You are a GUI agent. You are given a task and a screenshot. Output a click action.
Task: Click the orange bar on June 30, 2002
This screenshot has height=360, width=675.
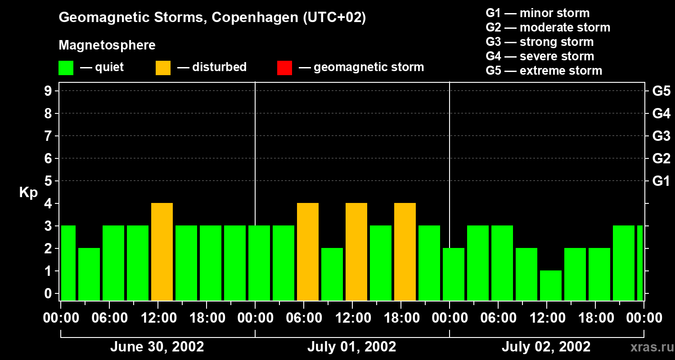click(162, 252)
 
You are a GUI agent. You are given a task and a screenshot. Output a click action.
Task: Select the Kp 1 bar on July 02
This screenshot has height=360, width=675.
click(551, 285)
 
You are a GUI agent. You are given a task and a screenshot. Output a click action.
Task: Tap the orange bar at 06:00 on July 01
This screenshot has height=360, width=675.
click(308, 252)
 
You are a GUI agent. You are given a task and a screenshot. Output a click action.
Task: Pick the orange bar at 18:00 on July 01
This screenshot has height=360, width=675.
click(405, 252)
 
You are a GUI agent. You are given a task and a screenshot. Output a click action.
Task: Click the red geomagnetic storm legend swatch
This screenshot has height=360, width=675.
click(284, 67)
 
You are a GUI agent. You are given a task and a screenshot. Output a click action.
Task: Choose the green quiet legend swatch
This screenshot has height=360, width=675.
click(66, 67)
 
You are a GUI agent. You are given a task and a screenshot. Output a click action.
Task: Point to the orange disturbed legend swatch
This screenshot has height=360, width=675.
click(163, 67)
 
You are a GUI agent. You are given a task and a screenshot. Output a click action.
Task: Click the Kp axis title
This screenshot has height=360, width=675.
click(28, 193)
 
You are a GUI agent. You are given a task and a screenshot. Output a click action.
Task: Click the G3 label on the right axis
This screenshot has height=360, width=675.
click(661, 136)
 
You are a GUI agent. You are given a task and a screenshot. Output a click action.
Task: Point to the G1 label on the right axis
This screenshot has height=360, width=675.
click(661, 181)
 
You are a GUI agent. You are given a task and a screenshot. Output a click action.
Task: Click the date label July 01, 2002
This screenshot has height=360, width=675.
click(352, 347)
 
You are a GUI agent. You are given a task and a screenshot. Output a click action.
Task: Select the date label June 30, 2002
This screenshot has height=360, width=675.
click(157, 347)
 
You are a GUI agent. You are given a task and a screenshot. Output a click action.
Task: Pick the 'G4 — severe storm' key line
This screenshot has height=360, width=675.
click(540, 56)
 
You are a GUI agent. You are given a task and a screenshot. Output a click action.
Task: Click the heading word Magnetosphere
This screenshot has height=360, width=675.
click(107, 45)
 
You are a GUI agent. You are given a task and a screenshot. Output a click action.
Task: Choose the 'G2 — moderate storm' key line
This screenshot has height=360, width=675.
click(548, 27)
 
